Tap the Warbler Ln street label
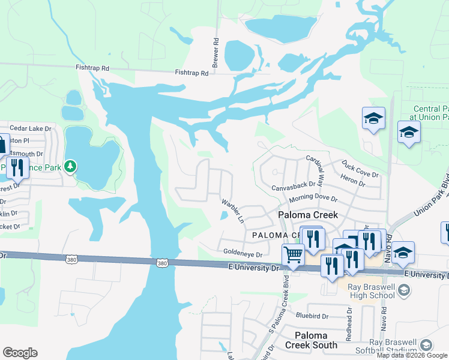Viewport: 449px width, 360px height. point(233,211)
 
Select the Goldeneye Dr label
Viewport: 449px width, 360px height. point(243,254)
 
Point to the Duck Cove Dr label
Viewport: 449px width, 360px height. point(360,169)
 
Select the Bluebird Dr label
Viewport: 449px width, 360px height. point(312,316)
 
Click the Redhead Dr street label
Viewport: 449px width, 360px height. point(349,323)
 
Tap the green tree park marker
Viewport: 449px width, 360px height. point(71,166)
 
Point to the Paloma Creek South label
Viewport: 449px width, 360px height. point(311,340)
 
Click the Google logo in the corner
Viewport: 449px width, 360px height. point(20,353)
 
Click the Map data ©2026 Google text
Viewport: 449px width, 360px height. point(412,356)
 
